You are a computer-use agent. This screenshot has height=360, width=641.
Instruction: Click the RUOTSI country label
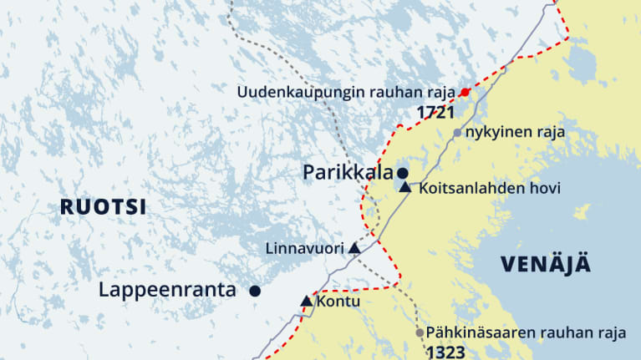coord(103,206)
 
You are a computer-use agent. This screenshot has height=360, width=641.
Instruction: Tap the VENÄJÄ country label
coord(546,264)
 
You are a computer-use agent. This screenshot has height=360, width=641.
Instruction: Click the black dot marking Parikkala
coord(403,173)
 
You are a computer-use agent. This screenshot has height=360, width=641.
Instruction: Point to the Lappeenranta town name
coord(167,291)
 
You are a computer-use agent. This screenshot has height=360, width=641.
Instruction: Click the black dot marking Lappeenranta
coord(255,291)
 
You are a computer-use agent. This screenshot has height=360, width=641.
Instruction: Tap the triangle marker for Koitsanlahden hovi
coord(405,187)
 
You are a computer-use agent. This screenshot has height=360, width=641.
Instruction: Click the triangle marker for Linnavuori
coord(354,248)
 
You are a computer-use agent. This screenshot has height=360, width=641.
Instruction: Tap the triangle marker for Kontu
coord(306,301)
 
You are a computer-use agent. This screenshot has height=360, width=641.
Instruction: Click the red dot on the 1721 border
coord(465,92)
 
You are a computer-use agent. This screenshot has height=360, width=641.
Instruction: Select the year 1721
coord(436,111)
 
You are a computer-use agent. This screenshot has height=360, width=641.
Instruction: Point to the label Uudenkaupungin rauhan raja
coord(347,92)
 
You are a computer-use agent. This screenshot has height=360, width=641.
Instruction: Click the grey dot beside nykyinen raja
coord(457,133)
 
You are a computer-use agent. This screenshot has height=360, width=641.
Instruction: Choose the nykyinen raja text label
coord(516,133)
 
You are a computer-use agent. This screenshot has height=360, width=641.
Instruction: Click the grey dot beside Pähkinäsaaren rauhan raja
coord(420,332)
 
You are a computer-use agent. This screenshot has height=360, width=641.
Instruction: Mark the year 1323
coord(446,352)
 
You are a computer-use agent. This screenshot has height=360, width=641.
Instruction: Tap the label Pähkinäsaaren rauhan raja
coord(526,332)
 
